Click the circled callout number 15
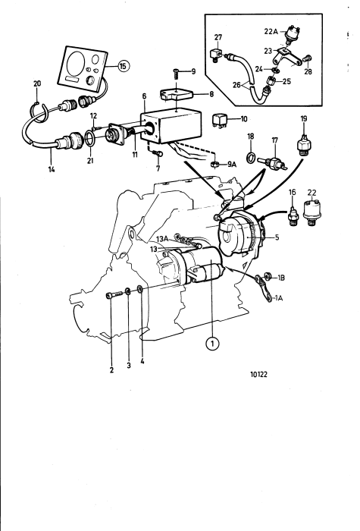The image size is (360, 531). pos(123,66)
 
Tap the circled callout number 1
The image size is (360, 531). pos(212,344)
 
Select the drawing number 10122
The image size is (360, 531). pos(259,374)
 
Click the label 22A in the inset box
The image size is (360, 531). pos(271,32)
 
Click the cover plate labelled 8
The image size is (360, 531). pos(177,95)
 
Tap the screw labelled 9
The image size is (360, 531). pos(176,74)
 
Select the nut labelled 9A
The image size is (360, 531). pos(214,164)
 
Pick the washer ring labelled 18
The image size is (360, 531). pos(250,157)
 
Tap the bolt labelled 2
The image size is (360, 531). pos(115,294)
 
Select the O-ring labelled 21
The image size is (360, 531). pos(90,140)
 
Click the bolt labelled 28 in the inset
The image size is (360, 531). pos(308,58)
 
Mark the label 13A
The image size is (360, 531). pos(161,239)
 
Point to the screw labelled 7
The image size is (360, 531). pos(157,154)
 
